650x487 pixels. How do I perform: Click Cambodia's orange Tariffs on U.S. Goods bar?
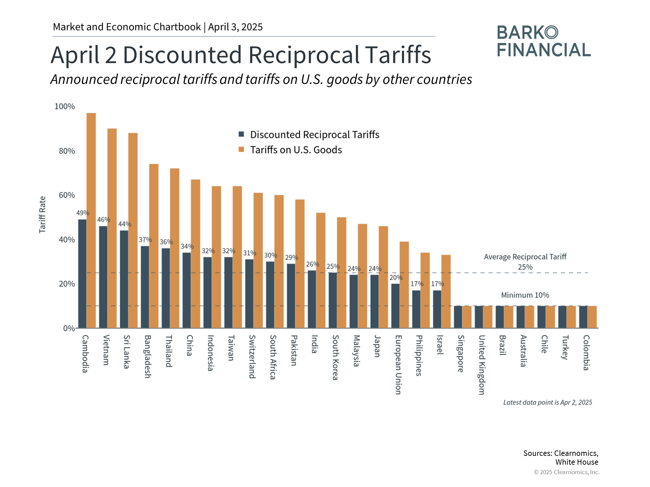point(91,220)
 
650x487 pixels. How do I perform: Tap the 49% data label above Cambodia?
point(83,213)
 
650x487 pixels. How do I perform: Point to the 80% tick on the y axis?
point(67,151)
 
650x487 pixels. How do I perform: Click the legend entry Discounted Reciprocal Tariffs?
point(315,135)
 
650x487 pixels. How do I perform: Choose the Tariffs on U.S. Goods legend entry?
point(296,150)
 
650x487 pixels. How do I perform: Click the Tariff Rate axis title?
point(42,214)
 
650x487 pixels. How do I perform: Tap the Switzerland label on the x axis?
point(252,356)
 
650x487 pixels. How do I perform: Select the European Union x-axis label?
point(398,365)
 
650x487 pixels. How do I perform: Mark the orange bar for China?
point(195,254)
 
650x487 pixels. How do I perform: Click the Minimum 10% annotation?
point(525,295)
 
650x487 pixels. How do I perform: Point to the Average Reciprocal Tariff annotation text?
point(525,257)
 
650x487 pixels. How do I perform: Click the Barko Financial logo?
point(544,41)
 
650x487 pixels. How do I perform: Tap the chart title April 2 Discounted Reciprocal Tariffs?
point(241,55)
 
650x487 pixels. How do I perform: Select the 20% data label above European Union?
point(396,278)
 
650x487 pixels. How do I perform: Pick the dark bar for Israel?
point(437,309)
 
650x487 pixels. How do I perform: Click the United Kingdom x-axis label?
point(482,365)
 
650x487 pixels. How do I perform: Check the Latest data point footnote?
point(547,402)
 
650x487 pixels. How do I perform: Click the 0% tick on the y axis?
point(69,328)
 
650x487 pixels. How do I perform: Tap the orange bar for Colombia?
point(592,317)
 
